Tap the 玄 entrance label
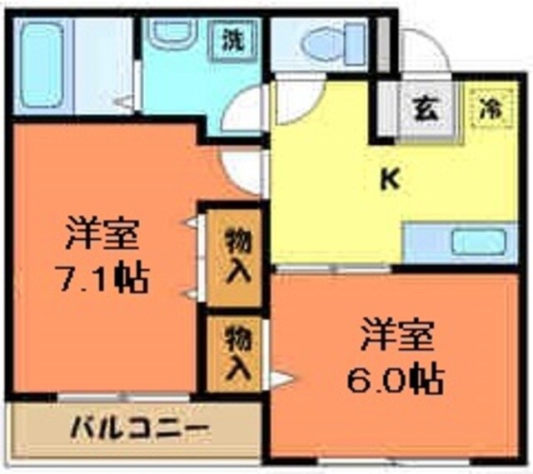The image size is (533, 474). pyautogui.click(x=426, y=109)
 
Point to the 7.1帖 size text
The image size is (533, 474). pyautogui.click(x=102, y=277)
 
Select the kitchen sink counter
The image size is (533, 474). pyautogui.click(x=461, y=243)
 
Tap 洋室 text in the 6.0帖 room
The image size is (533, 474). pyautogui.click(x=396, y=337)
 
